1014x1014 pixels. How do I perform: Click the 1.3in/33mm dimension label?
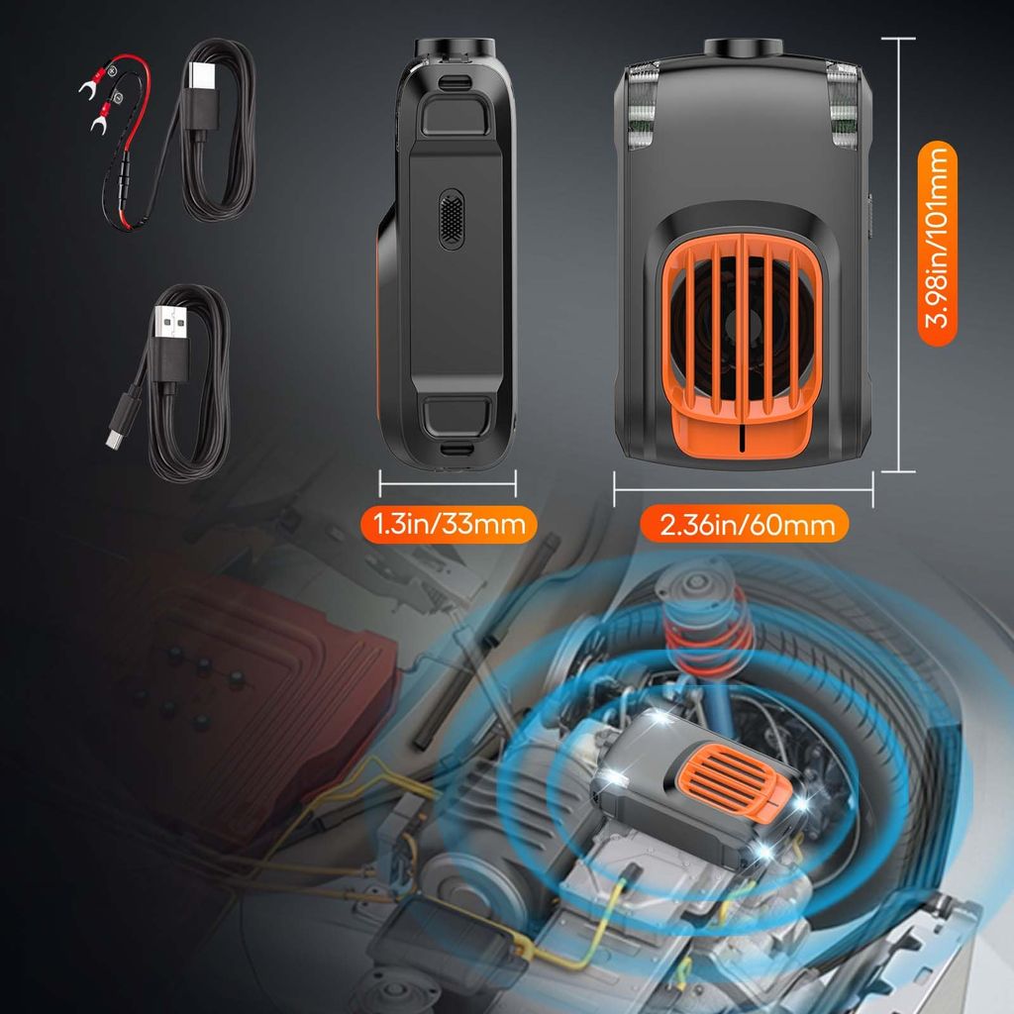(x=449, y=524)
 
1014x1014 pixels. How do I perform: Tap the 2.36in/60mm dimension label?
(x=745, y=524)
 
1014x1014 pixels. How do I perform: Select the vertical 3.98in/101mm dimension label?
(x=937, y=244)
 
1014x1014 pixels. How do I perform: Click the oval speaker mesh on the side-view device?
(x=452, y=219)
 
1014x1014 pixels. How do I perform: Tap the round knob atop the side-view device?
(x=456, y=48)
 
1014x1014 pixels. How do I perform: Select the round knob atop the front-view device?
(x=743, y=47)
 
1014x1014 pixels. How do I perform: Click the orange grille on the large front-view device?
(x=743, y=327)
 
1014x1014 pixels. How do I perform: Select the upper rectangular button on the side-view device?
(x=454, y=115)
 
